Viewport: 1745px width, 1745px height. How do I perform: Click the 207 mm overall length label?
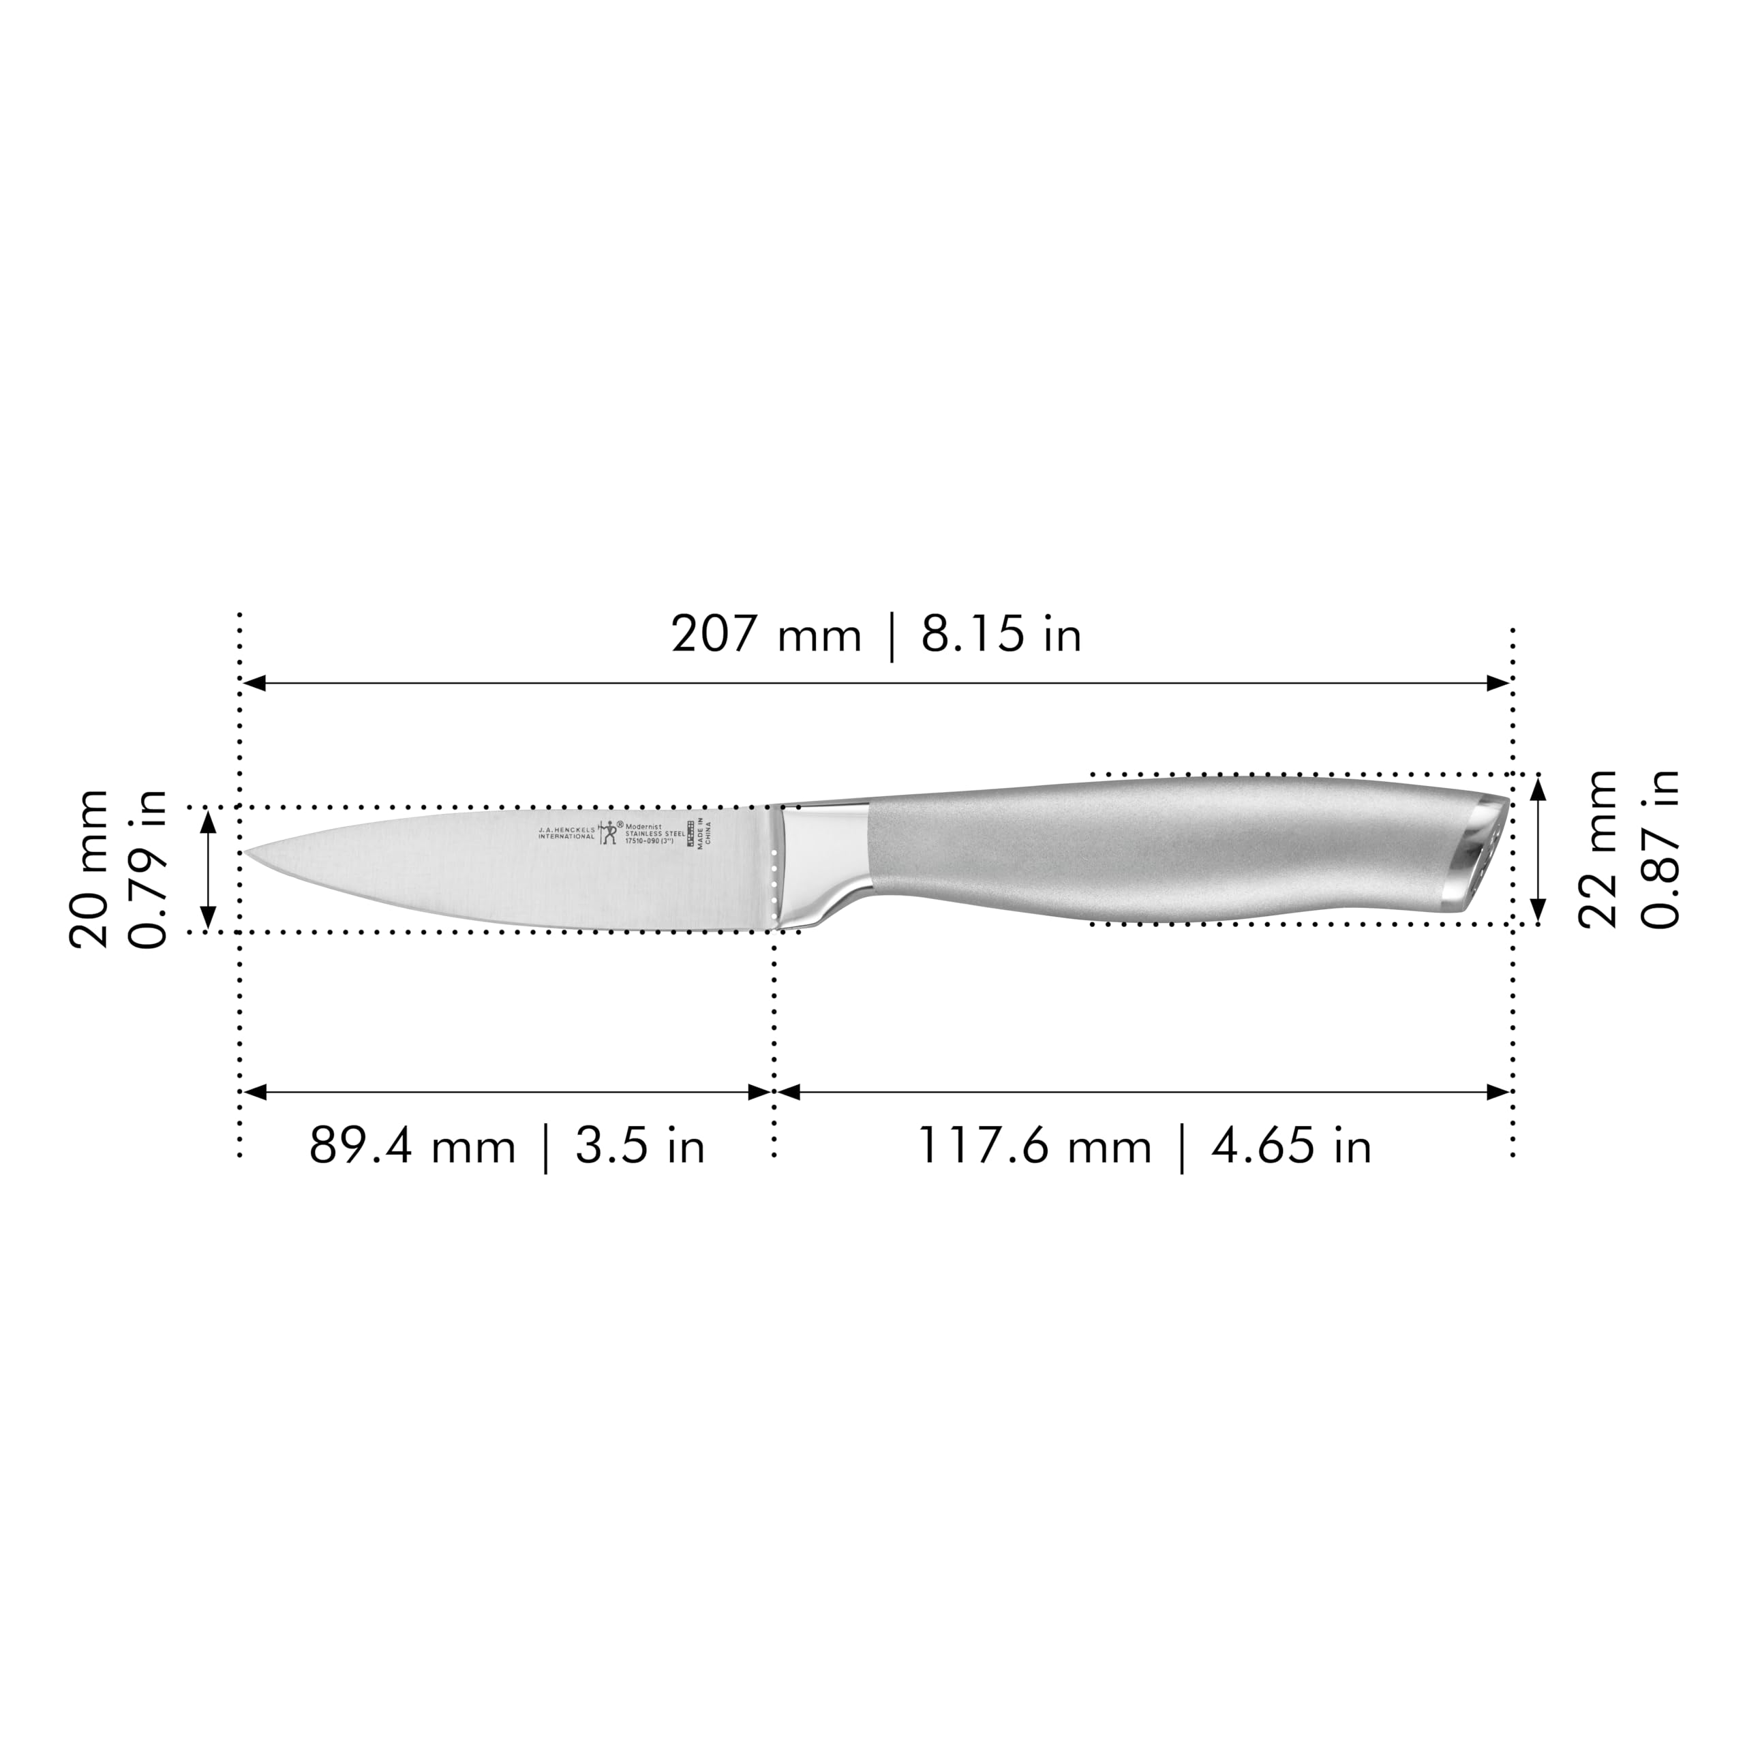[766, 635]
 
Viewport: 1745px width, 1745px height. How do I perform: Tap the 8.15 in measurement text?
[1001, 635]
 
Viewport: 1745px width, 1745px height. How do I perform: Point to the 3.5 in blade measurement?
[639, 1147]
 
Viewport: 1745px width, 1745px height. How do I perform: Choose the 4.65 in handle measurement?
[1292, 1147]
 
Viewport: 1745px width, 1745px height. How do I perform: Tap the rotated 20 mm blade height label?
[89, 868]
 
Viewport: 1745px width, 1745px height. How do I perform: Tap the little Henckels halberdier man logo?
[609, 832]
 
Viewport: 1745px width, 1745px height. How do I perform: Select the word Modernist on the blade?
[644, 825]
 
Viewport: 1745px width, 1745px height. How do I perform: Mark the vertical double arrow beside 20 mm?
[209, 870]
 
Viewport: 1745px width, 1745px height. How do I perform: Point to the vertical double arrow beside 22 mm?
[1539, 850]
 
